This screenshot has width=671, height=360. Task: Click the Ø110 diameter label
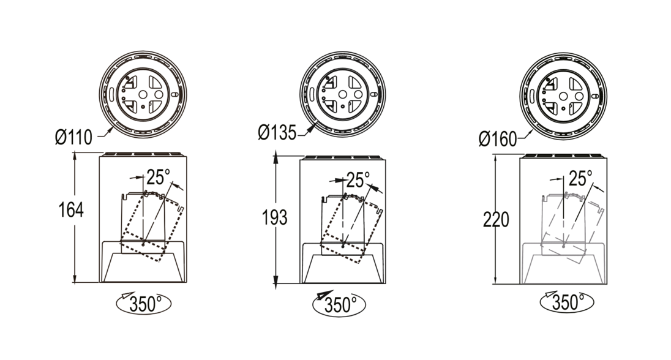pyautogui.click(x=73, y=137)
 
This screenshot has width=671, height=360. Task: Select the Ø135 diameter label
pyautogui.click(x=277, y=133)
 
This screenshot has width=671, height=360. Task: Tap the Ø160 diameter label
pyautogui.click(x=498, y=139)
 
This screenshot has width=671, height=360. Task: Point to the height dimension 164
pyautogui.click(x=71, y=210)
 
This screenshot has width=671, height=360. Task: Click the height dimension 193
pyautogui.click(x=274, y=218)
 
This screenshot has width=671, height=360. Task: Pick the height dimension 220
pyautogui.click(x=496, y=220)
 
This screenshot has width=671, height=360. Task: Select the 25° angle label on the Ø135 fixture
pyautogui.click(x=358, y=180)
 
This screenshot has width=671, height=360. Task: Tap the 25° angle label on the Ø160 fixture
pyautogui.click(x=581, y=178)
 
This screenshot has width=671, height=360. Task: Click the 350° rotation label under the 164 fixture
pyautogui.click(x=145, y=304)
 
